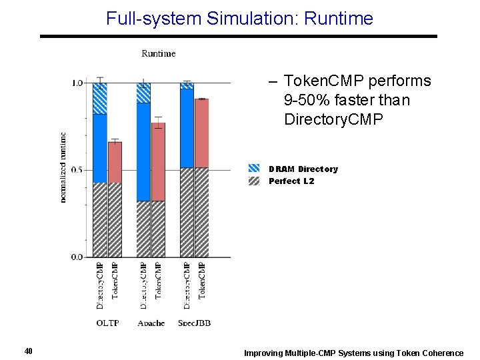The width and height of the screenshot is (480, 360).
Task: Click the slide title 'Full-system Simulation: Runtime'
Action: [239, 18]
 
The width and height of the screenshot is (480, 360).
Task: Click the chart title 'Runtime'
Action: [159, 53]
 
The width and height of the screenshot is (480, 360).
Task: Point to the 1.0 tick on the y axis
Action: [77, 83]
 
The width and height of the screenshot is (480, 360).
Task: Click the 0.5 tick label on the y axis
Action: [77, 170]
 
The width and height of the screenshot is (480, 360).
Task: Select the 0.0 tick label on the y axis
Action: [77, 257]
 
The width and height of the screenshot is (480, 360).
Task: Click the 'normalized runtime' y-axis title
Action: [63, 167]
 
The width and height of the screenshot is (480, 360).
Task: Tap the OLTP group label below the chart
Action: [107, 323]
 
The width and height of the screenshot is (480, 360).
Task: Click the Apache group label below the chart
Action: [151, 323]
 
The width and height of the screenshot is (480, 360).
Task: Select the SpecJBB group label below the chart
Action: [194, 323]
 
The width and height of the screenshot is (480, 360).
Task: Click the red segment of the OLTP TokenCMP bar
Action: [115, 162]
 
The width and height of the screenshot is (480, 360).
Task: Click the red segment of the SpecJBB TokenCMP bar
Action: [201, 133]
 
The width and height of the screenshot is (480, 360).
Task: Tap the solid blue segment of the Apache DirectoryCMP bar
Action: [143, 152]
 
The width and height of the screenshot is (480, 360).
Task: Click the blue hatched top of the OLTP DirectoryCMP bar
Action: [99, 99]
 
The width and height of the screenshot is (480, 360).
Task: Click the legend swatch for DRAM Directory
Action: [254, 169]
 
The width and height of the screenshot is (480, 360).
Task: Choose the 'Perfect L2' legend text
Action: [291, 181]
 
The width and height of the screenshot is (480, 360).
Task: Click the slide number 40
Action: [28, 351]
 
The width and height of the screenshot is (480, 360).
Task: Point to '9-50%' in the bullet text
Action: [305, 101]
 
